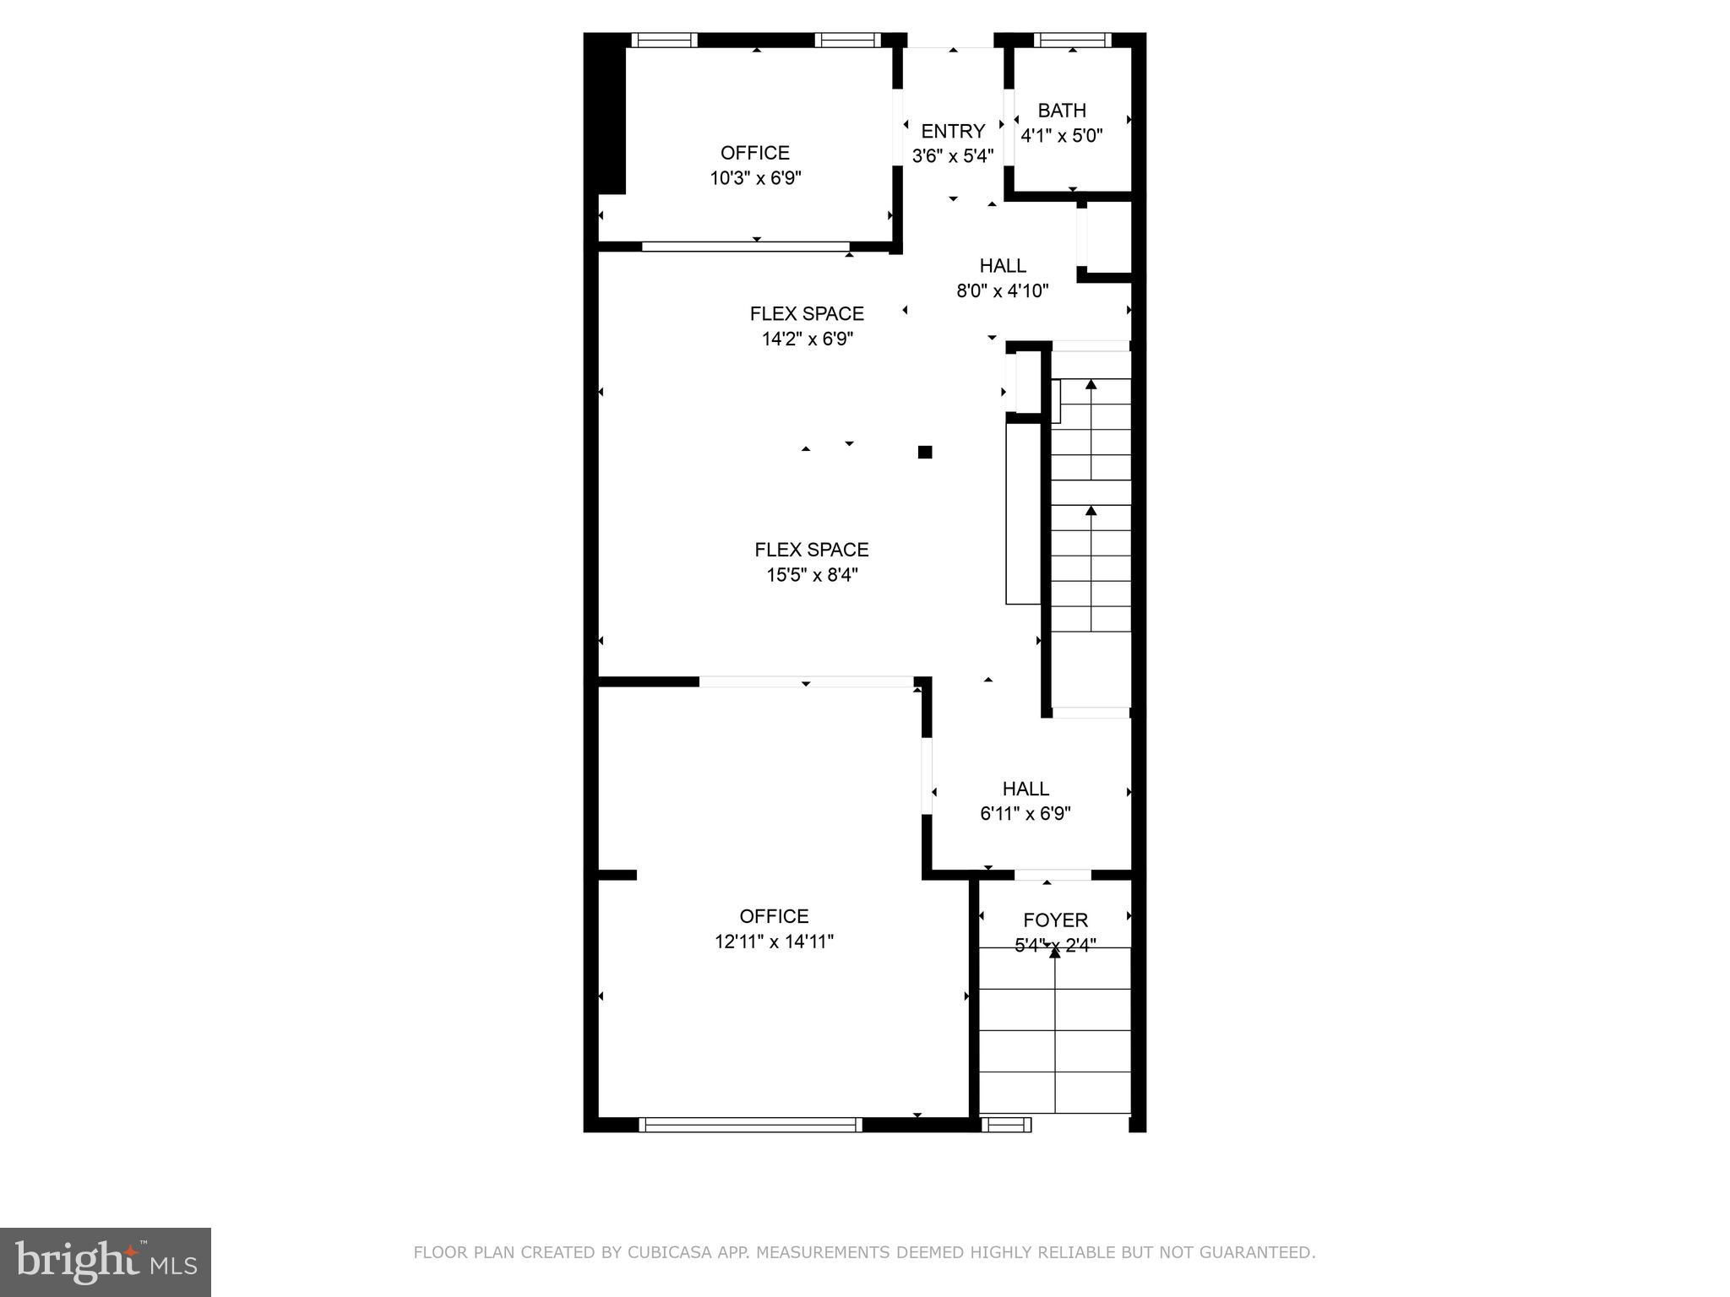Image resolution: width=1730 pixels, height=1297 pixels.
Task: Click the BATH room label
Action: tap(1062, 111)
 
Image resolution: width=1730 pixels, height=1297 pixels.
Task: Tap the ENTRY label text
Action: tap(953, 132)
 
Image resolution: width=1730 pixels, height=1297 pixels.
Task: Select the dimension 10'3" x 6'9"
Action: tap(755, 178)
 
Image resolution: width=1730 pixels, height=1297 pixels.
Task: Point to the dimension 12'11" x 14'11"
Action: tap(774, 942)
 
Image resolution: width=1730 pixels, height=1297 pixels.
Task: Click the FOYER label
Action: tap(1055, 920)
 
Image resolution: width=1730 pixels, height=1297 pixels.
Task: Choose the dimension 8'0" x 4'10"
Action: tap(1003, 291)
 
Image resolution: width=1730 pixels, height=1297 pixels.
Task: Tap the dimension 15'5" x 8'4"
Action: tap(812, 575)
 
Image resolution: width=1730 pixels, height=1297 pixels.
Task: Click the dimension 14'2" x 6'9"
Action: tap(807, 339)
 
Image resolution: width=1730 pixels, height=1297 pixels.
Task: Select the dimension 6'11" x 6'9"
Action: tap(1025, 814)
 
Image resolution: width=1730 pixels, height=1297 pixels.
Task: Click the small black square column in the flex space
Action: tap(925, 452)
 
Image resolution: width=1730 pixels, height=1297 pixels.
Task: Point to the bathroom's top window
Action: tap(1073, 40)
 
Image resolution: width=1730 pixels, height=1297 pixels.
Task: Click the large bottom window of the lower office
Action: tap(750, 1125)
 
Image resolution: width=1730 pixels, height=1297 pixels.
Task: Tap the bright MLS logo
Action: tap(106, 1262)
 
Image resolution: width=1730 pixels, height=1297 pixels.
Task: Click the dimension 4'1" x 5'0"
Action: tap(1062, 136)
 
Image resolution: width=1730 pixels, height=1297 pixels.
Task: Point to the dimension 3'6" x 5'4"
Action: tap(953, 156)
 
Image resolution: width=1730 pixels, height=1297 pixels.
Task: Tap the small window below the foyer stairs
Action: tap(1006, 1125)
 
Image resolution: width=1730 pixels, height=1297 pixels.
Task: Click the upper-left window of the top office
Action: tap(665, 40)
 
